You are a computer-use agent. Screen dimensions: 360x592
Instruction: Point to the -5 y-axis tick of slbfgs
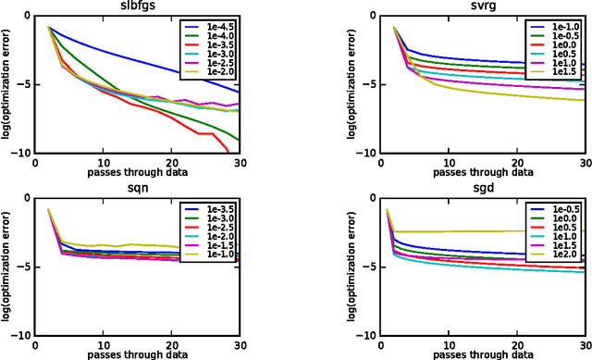click(27, 84)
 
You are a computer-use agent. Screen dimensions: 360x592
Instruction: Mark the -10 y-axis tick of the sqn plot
click(24, 335)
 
